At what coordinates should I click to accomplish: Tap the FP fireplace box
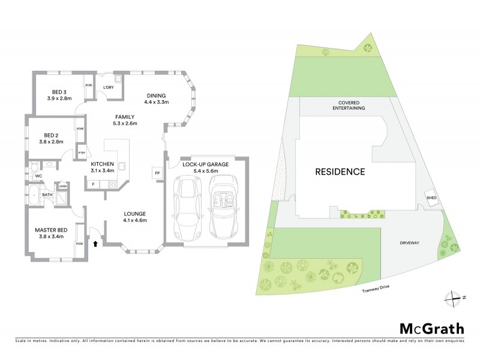click(157, 174)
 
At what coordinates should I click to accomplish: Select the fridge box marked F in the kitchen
click(93, 184)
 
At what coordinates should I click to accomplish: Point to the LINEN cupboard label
click(62, 187)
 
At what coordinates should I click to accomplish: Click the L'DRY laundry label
click(109, 88)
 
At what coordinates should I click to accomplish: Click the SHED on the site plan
click(431, 198)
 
